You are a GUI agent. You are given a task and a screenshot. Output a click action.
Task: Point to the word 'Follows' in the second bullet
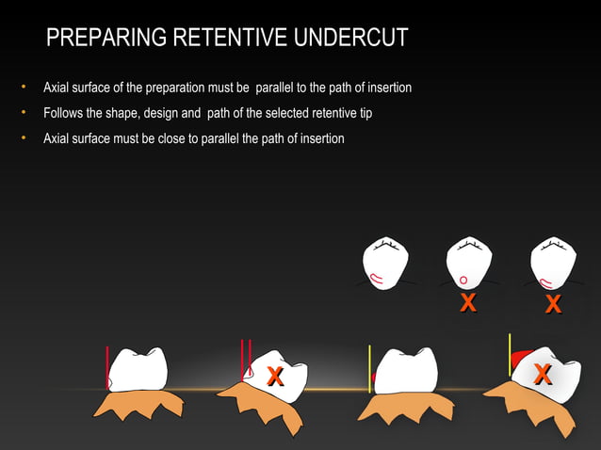point(61,114)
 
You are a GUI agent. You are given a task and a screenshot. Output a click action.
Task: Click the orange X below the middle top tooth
point(467,303)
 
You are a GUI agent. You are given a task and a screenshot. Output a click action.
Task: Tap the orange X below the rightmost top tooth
point(554,304)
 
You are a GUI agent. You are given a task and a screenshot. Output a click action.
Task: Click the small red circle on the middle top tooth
point(463,280)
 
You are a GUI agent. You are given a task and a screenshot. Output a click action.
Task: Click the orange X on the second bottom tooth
point(275,376)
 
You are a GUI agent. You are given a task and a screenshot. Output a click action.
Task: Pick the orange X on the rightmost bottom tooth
point(543,373)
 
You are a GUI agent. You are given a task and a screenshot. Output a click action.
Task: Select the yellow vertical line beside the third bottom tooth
point(370,367)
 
